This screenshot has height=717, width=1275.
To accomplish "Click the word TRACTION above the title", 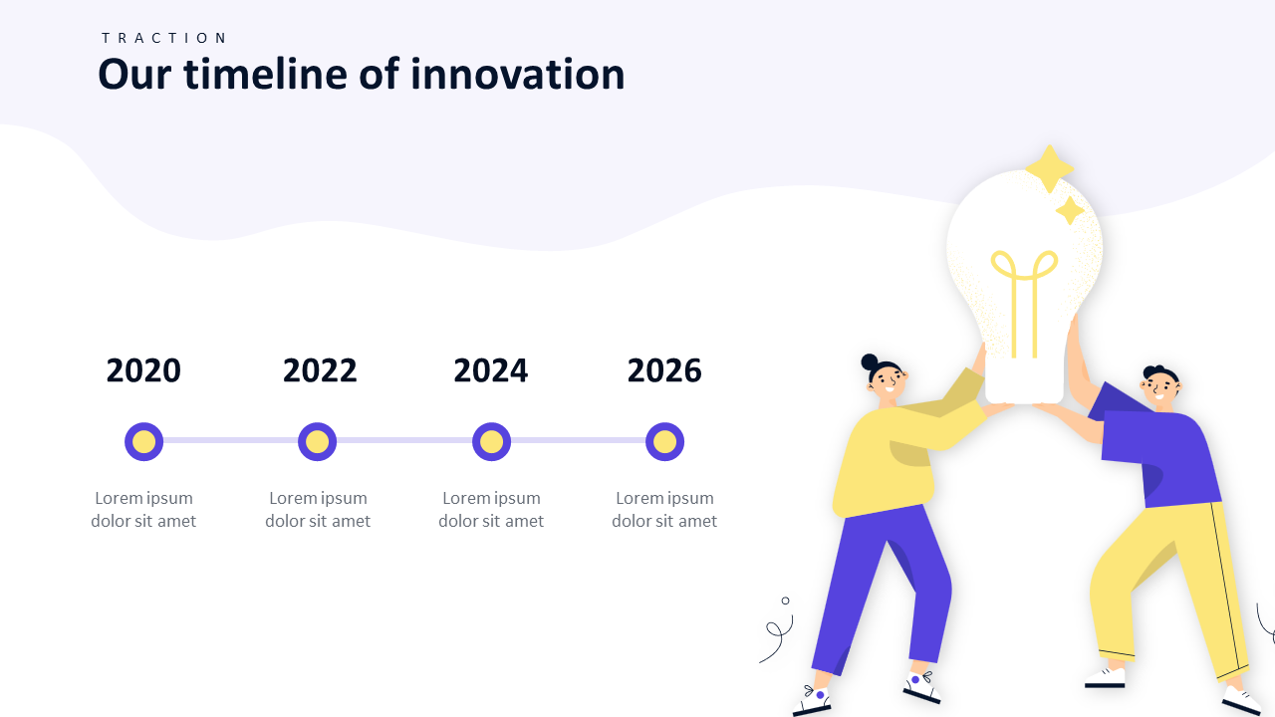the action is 164,38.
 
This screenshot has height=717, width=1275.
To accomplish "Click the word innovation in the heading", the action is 517,74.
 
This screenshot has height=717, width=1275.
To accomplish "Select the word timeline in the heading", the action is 265,74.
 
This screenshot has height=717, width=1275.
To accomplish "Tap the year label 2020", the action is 143,370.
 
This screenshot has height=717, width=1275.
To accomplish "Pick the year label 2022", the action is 320,370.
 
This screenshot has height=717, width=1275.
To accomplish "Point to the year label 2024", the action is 491,370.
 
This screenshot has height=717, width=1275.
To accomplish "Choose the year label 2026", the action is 664,370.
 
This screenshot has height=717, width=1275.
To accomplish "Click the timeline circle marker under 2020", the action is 144,441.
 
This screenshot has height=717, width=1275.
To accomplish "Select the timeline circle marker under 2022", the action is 317,441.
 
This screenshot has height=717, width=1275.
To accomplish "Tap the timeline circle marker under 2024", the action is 491,441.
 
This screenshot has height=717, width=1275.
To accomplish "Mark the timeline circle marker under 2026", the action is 664,441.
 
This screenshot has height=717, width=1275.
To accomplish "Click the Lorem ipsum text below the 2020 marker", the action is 143,509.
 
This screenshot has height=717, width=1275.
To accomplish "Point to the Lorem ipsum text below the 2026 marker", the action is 664,509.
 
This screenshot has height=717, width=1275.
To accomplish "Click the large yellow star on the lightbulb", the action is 1050,169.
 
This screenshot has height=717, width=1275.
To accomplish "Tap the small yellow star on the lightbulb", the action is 1070,210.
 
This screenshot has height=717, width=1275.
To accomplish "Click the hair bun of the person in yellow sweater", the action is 870,361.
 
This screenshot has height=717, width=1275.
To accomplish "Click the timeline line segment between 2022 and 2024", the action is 404,440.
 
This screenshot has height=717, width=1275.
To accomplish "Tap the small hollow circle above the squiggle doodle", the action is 786,600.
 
